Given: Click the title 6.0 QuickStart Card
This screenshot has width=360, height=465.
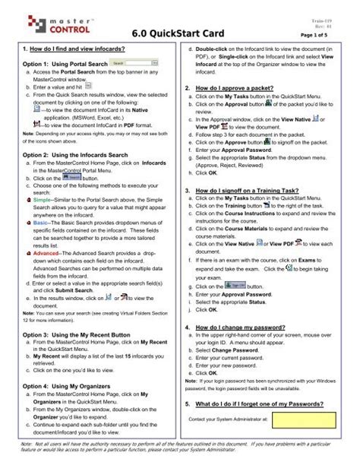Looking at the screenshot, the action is pyautogui.click(x=181, y=34).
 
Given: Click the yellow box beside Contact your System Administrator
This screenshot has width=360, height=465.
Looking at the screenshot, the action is pyautogui.click(x=305, y=420).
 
